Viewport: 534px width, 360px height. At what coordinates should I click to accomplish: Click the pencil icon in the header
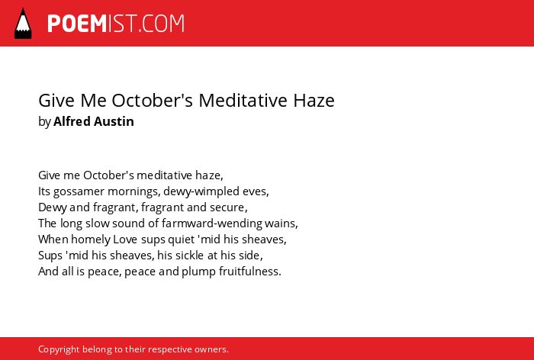point(23,24)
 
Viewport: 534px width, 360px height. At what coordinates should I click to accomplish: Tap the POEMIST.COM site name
point(116,24)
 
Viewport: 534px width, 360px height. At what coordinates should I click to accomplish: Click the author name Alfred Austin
point(94,121)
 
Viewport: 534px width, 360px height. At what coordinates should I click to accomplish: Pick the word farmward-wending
point(212,223)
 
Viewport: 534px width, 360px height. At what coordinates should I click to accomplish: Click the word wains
point(281,223)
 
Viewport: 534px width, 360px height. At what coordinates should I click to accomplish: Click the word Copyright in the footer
point(59,350)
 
